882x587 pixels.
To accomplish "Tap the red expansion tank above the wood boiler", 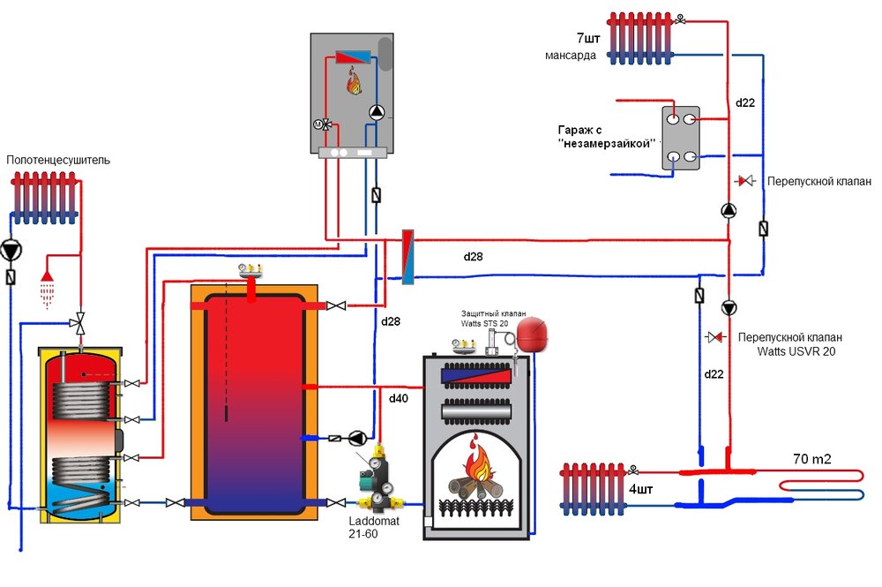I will (x=531, y=334).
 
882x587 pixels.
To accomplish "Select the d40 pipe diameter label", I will (x=399, y=399).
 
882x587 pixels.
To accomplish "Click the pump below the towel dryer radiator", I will (x=11, y=251).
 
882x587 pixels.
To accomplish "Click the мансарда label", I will (x=571, y=56).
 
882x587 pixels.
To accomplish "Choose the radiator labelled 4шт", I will (x=593, y=487).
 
